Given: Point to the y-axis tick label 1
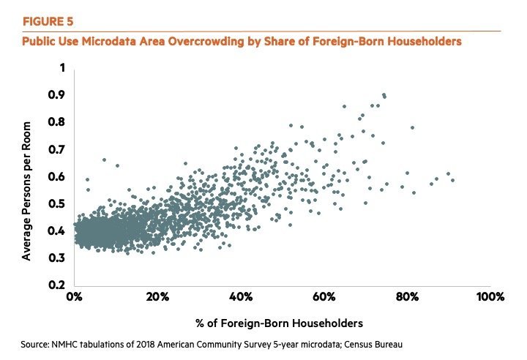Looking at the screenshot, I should coord(62,68).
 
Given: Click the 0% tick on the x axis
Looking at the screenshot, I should coord(75,297).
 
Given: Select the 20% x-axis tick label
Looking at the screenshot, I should coord(157,297).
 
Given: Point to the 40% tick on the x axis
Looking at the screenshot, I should coord(241,297).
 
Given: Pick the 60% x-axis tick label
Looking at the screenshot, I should coord(324,297).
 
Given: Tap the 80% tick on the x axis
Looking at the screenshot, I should coord(407,297).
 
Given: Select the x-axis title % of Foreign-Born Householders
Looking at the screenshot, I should coord(281,322).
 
